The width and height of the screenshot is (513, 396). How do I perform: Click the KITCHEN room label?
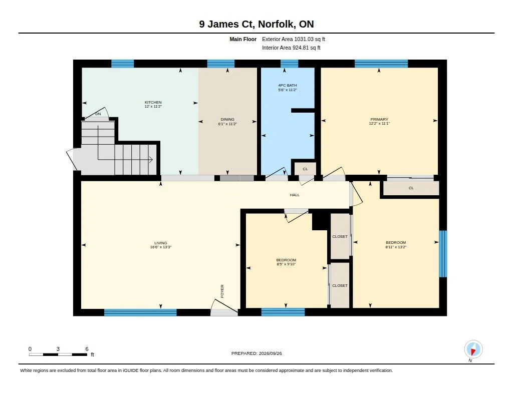pos(153,102)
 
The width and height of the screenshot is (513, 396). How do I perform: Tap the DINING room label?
pos(227,119)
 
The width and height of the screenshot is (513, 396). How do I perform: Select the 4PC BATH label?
pos(287,85)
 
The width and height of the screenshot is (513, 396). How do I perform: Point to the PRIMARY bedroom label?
pos(379,119)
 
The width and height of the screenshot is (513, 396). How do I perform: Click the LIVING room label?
pos(161,243)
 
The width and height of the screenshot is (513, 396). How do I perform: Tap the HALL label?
pos(295,195)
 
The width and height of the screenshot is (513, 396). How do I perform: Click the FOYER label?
pos(222,291)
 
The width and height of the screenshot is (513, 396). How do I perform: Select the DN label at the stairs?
pos(98,114)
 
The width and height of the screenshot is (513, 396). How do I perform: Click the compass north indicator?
pos(473,349)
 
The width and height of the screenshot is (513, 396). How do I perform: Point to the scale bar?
pos(58,354)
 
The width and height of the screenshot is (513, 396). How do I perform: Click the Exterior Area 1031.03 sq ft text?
pos(294,39)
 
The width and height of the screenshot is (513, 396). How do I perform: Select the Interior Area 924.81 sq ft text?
pos(291,48)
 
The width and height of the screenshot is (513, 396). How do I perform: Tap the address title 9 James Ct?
pos(226,24)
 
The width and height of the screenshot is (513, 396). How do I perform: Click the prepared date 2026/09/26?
pos(270,353)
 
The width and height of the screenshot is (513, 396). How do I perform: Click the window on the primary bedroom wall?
pos(381,64)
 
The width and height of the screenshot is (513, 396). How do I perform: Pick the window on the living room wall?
pos(140,312)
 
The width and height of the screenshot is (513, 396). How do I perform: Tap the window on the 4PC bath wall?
pos(289,64)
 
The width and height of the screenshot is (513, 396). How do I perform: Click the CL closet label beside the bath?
pos(305,169)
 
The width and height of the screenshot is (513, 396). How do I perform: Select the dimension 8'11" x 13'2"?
pos(396,247)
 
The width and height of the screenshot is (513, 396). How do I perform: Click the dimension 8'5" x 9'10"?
pos(286,264)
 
